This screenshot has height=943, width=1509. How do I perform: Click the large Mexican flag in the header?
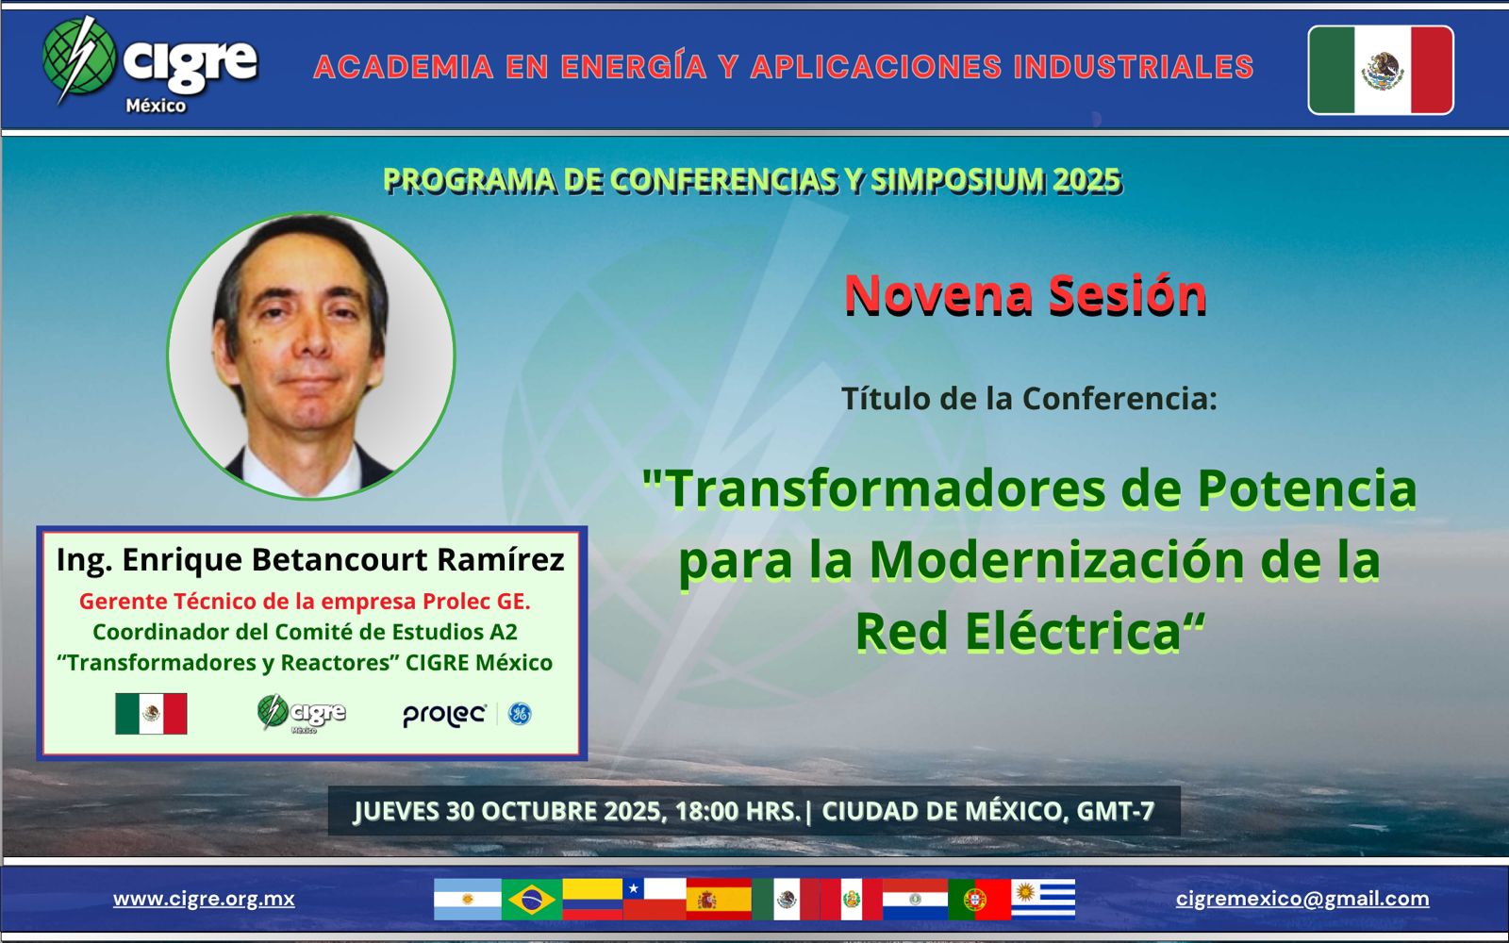tap(1381, 70)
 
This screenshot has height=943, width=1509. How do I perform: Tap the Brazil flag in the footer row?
tap(532, 900)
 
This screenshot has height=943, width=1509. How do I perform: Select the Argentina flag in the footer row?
tap(468, 900)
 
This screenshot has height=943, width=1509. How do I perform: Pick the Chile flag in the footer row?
tap(655, 900)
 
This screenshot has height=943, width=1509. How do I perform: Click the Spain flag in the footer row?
tap(719, 900)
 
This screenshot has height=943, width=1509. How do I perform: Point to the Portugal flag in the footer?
tap(980, 900)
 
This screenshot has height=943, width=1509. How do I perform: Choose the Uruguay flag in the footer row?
tap(1043, 900)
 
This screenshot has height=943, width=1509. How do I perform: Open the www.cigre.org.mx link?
tap(204, 899)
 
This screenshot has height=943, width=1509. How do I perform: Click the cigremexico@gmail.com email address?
tap(1302, 899)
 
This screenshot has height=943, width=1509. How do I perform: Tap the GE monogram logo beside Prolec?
tap(520, 713)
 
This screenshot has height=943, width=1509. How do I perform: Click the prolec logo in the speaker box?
tap(444, 716)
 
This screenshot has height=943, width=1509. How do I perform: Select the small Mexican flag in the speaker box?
tap(151, 713)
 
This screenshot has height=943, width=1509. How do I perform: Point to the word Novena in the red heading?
tap(938, 295)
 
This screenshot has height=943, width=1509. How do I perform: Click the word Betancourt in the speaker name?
tap(340, 559)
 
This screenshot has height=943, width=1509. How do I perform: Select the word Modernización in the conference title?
tap(1056, 560)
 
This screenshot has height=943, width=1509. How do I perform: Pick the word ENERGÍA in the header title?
tap(633, 66)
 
